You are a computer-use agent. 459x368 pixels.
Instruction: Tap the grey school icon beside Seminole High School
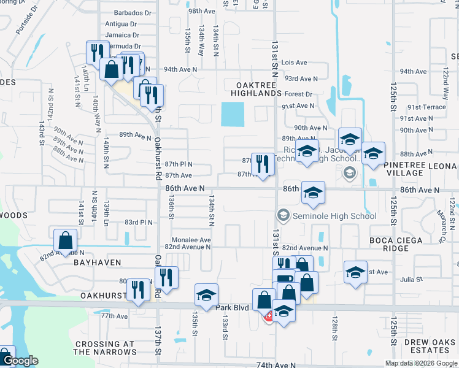(x=283, y=215)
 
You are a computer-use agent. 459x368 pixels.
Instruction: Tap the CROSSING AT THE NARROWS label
(x=105, y=348)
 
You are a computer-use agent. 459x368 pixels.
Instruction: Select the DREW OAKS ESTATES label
(x=425, y=345)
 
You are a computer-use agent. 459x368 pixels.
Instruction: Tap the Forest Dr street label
(x=298, y=94)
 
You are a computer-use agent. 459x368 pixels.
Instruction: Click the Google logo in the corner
(x=20, y=361)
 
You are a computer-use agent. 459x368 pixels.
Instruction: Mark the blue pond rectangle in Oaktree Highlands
(x=233, y=114)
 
